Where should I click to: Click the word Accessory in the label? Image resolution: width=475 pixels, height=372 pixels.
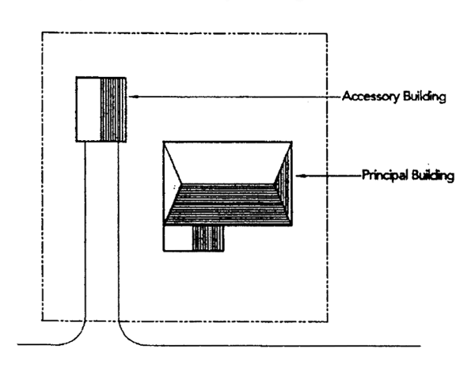[x=370, y=98]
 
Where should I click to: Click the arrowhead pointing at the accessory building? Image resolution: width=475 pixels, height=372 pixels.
[x=132, y=97]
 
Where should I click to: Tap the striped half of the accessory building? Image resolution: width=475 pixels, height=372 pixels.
[x=115, y=109]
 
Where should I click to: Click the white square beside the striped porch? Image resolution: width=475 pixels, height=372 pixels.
[x=177, y=237]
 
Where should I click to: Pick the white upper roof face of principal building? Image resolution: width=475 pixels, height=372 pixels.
[x=227, y=161]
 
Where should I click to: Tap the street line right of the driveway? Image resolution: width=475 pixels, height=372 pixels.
[x=277, y=346]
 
